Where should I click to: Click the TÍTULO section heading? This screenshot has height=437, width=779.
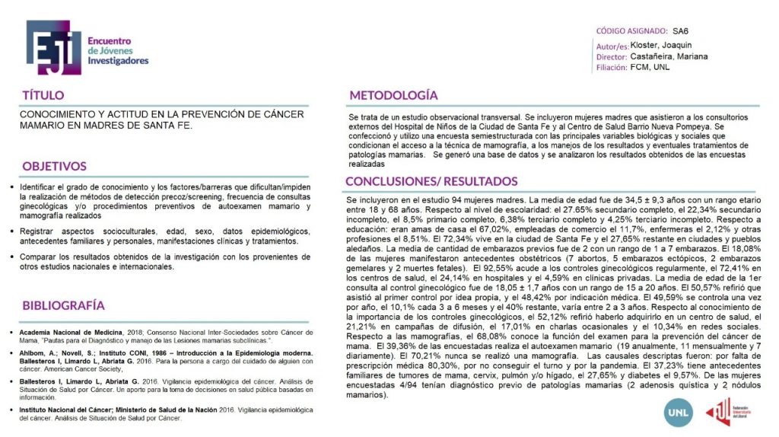point(43,95)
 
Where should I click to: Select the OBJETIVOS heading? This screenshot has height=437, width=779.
point(54,166)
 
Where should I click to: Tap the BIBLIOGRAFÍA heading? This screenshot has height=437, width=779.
point(63,305)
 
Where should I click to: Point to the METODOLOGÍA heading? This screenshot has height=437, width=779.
point(393,95)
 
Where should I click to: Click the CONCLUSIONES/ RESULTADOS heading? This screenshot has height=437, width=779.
point(431,181)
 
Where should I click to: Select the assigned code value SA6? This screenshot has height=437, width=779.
point(680,32)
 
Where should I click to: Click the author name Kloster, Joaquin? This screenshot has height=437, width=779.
point(661,45)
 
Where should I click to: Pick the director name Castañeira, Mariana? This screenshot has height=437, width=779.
point(669,56)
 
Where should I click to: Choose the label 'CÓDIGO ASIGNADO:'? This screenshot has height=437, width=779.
point(630,32)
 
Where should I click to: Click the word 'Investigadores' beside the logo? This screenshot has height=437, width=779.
point(118,60)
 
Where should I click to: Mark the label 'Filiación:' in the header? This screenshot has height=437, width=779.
point(612,67)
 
